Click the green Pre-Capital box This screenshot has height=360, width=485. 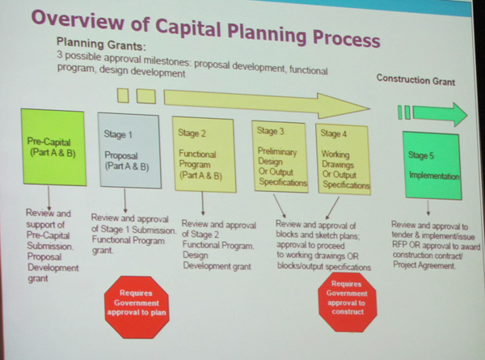pos(53,147)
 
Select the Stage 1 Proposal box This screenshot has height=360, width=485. pos(129,150)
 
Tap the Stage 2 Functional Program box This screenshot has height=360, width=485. pos(204,155)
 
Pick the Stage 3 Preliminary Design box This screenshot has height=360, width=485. pos(280,157)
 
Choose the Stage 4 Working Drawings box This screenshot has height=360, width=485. pos(344,159)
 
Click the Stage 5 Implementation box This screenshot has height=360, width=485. pos(433,166)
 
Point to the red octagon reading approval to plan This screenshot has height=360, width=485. pos(137,307)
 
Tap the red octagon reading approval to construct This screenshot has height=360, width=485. pos(348,302)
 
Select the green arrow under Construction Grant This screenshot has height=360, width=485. pos(441,114)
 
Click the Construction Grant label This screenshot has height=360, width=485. pos(415,80)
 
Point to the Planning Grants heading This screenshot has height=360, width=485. pos(101,44)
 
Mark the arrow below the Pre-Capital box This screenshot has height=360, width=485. pos(48,198)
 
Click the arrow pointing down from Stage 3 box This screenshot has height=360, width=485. pos(280,206)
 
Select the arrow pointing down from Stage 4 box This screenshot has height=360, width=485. pos(332,208)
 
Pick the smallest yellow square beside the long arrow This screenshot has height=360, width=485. pos(123,95)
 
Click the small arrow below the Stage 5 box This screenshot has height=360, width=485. pos(428,208)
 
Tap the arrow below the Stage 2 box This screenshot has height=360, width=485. pos(203,203)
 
